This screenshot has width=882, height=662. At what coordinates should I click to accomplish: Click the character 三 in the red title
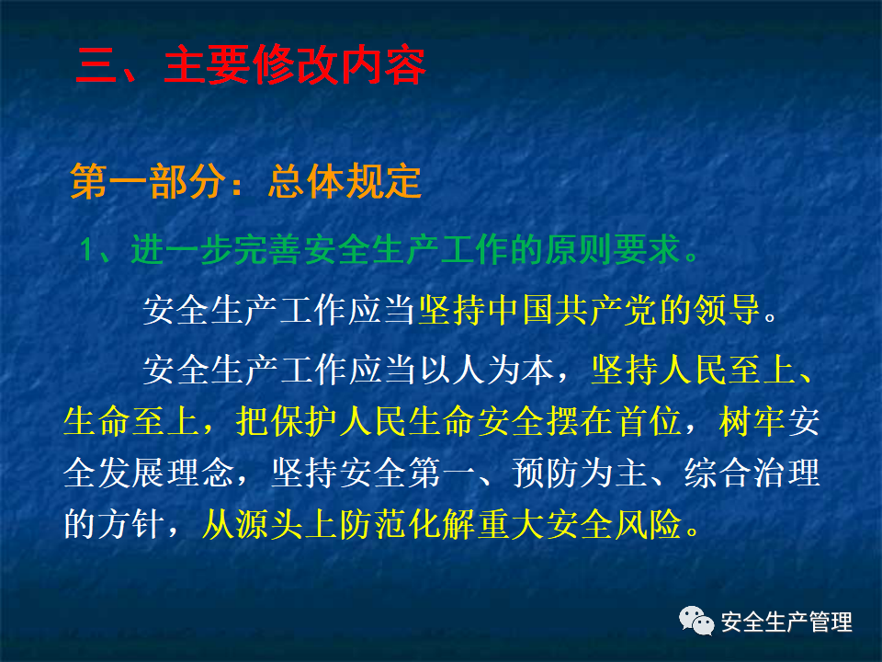click(96, 66)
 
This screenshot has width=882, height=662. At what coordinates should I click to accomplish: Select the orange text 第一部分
click(149, 181)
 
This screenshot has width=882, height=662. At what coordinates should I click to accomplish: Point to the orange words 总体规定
click(345, 181)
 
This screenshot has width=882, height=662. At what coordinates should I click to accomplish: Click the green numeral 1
click(86, 249)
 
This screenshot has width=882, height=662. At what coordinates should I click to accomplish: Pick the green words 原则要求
click(613, 249)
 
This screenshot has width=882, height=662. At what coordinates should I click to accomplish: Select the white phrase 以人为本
click(487, 370)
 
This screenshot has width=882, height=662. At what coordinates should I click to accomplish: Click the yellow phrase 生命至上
click(131, 421)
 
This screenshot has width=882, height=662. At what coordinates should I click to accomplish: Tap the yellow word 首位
click(649, 421)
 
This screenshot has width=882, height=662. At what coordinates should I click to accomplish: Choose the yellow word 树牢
click(752, 421)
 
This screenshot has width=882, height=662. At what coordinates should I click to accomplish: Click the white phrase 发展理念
click(165, 473)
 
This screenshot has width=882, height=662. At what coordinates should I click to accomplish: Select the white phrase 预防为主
click(580, 473)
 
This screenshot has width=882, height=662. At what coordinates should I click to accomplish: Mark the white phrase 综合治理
click(752, 473)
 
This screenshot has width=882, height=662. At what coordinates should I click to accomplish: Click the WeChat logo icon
click(696, 621)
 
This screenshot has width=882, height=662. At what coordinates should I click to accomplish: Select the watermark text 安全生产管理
click(786, 622)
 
